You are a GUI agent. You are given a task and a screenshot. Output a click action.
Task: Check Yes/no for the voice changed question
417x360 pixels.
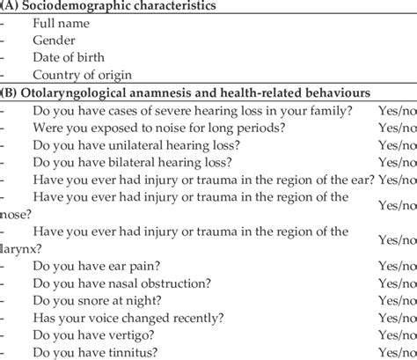(394, 320)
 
